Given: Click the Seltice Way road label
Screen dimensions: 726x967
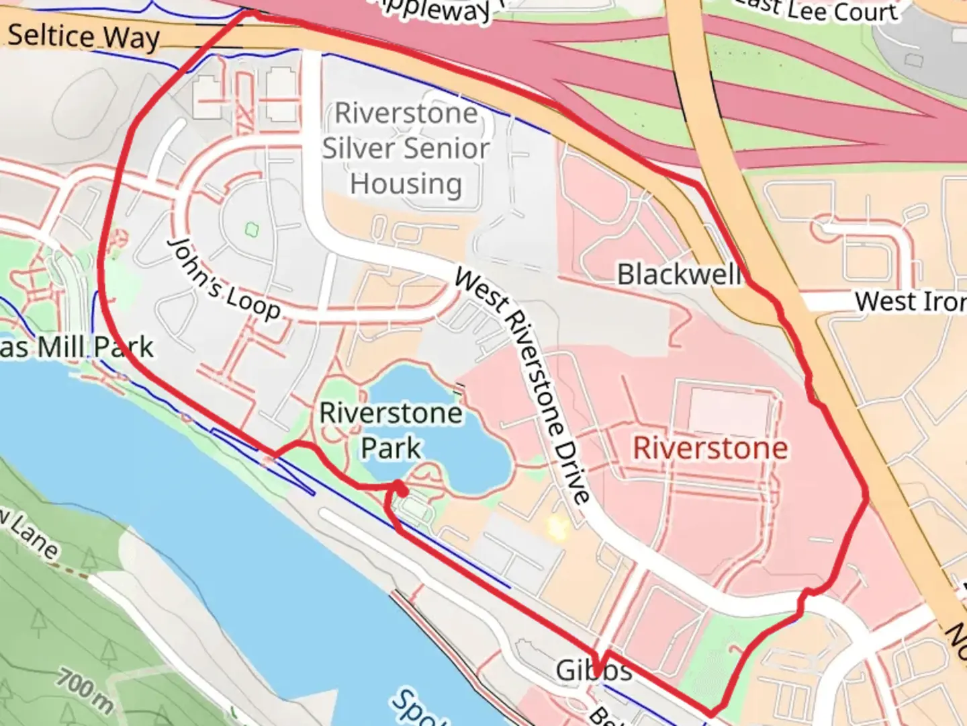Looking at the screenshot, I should [x=84, y=36].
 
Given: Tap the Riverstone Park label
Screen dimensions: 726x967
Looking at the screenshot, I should [x=391, y=430].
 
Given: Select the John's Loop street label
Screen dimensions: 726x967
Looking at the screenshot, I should [x=224, y=278].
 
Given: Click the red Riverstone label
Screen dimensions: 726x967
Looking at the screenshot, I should [x=710, y=448].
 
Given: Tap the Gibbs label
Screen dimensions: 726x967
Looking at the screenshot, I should [x=594, y=670].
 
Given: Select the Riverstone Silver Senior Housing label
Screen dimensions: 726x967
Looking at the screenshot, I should [x=406, y=149].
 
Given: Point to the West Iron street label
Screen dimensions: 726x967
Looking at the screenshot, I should [x=910, y=301].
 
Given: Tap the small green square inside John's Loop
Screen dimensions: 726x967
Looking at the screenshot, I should [x=252, y=230].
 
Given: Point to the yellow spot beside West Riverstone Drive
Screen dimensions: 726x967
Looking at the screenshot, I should [x=556, y=528].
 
